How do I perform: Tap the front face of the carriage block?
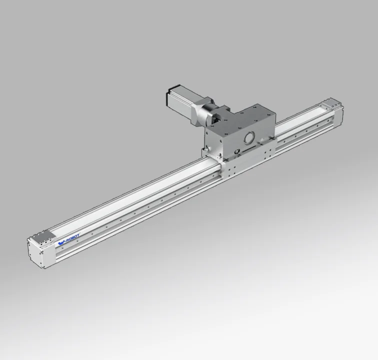pyautogui.click(x=247, y=142)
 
